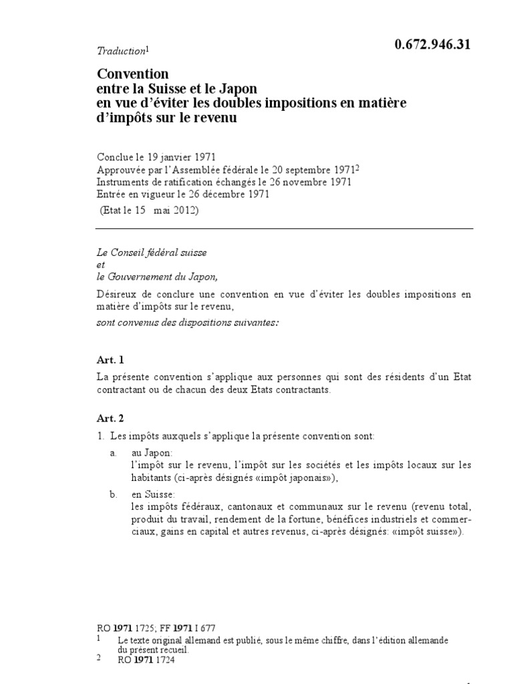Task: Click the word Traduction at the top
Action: [x=121, y=51]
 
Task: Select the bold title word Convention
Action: [x=134, y=73]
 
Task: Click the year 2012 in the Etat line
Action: [x=184, y=210]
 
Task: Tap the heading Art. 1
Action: [x=110, y=359]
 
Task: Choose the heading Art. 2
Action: [x=110, y=418]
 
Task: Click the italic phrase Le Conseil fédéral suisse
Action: [x=152, y=254]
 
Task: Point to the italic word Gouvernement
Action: [x=147, y=277]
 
